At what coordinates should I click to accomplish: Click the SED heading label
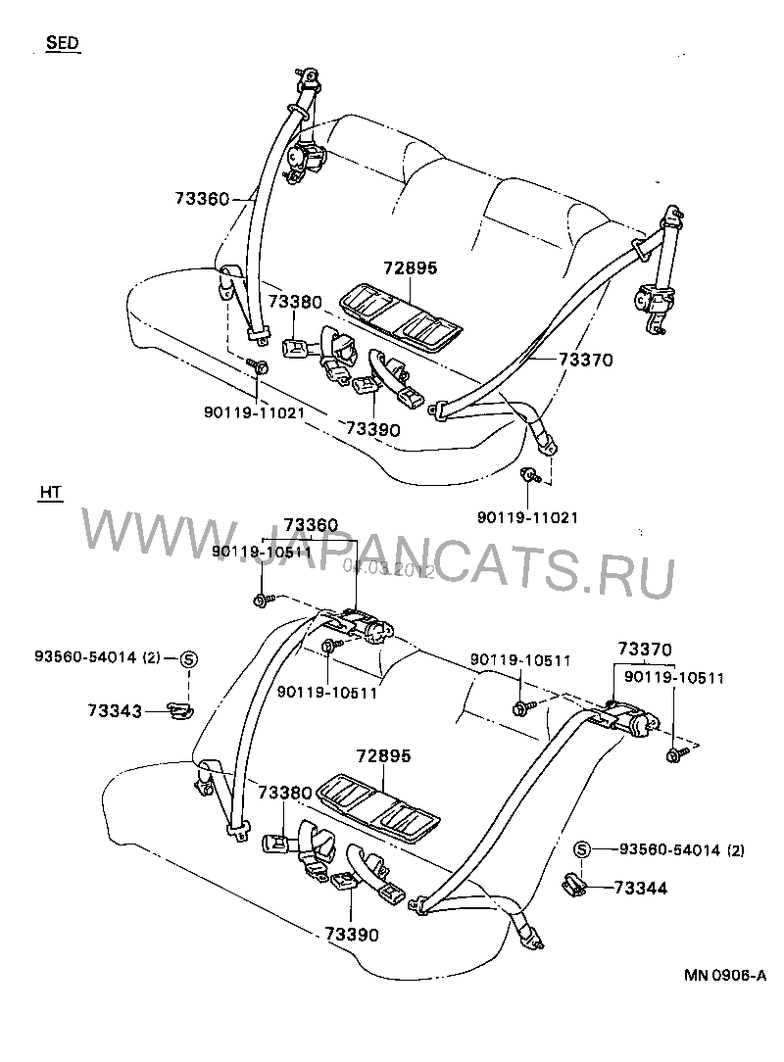62,43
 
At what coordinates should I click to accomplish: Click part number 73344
641,888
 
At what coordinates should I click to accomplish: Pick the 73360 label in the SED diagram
202,199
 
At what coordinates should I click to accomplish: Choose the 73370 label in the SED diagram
586,360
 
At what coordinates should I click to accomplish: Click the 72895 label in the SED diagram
411,267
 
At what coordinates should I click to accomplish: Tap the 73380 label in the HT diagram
285,791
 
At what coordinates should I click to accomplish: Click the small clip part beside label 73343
177,708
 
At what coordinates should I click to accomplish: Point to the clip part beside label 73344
574,886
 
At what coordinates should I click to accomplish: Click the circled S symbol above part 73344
581,848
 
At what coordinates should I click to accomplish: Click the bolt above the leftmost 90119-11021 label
261,367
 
